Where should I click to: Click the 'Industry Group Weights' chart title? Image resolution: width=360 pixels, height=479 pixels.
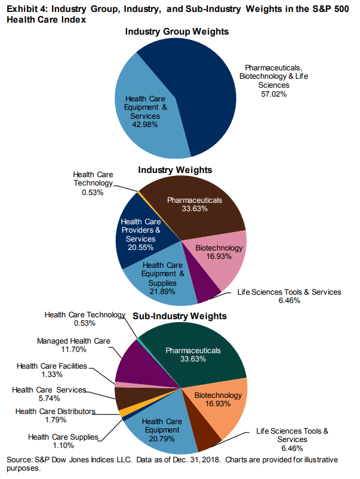click(x=176, y=31)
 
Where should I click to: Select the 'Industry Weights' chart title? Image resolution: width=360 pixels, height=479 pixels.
click(x=175, y=171)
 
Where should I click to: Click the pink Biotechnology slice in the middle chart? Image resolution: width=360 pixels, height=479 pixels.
click(x=217, y=257)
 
